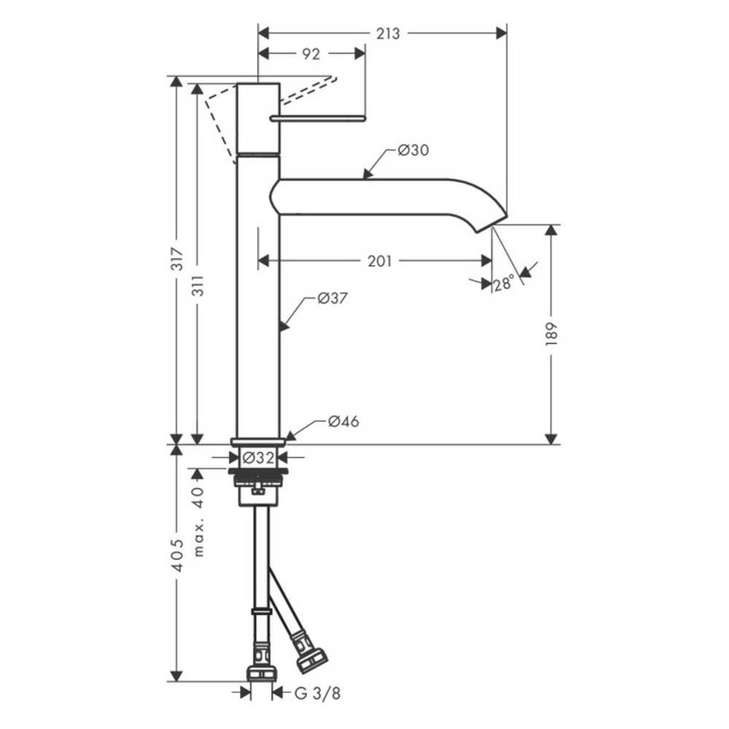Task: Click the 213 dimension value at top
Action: click(388, 33)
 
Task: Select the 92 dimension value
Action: click(310, 54)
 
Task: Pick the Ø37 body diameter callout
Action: click(331, 298)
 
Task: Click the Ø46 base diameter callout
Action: click(343, 421)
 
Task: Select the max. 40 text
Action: click(198, 522)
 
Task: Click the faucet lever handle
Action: click(318, 117)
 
